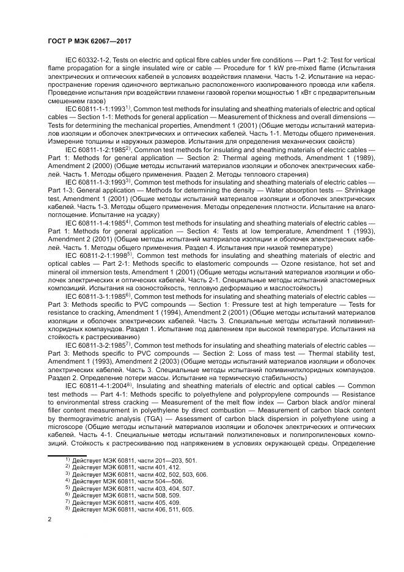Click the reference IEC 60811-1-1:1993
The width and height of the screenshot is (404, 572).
coord(95,108)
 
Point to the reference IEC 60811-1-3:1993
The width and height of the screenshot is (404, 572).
coord(95,182)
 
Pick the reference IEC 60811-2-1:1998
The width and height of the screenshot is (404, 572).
coord(95,255)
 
